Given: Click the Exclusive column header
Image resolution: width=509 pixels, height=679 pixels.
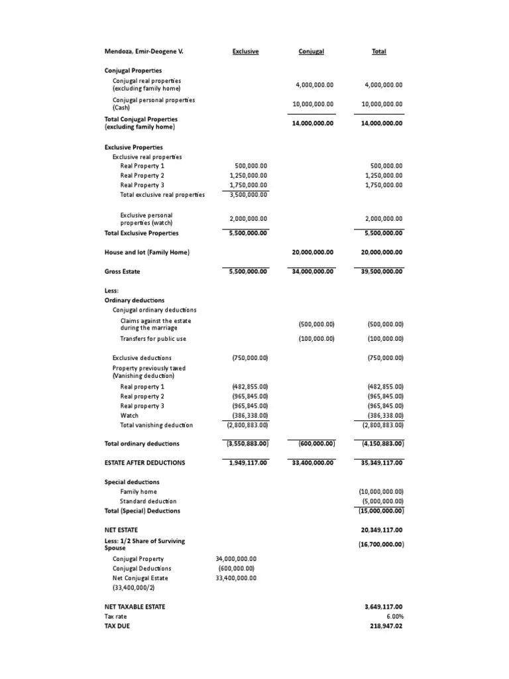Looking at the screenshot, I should point(245,51).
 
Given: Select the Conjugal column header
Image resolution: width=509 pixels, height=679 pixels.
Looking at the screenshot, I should point(311,51).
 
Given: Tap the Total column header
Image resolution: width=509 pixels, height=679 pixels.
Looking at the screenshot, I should point(379,51).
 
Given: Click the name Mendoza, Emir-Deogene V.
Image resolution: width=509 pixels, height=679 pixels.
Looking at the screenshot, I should point(143,51).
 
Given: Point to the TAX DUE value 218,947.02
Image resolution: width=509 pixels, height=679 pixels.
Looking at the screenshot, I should point(383,625).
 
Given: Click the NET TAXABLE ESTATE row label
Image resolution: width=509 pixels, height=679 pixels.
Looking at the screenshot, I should point(135,607).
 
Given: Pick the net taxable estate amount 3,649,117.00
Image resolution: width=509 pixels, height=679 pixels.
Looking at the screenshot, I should point(383,607).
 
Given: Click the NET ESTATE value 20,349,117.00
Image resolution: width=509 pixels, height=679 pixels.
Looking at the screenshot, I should point(381,530).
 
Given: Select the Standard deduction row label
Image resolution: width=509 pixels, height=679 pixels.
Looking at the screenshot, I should point(148,501).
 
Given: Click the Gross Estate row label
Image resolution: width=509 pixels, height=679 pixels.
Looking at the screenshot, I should point(123,271).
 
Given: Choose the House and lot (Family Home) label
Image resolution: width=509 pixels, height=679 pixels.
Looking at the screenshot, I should point(146,252).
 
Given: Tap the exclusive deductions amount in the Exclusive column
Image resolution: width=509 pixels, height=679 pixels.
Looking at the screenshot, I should point(249,358).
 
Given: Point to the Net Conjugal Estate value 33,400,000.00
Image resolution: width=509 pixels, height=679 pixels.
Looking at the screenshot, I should point(236,578).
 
